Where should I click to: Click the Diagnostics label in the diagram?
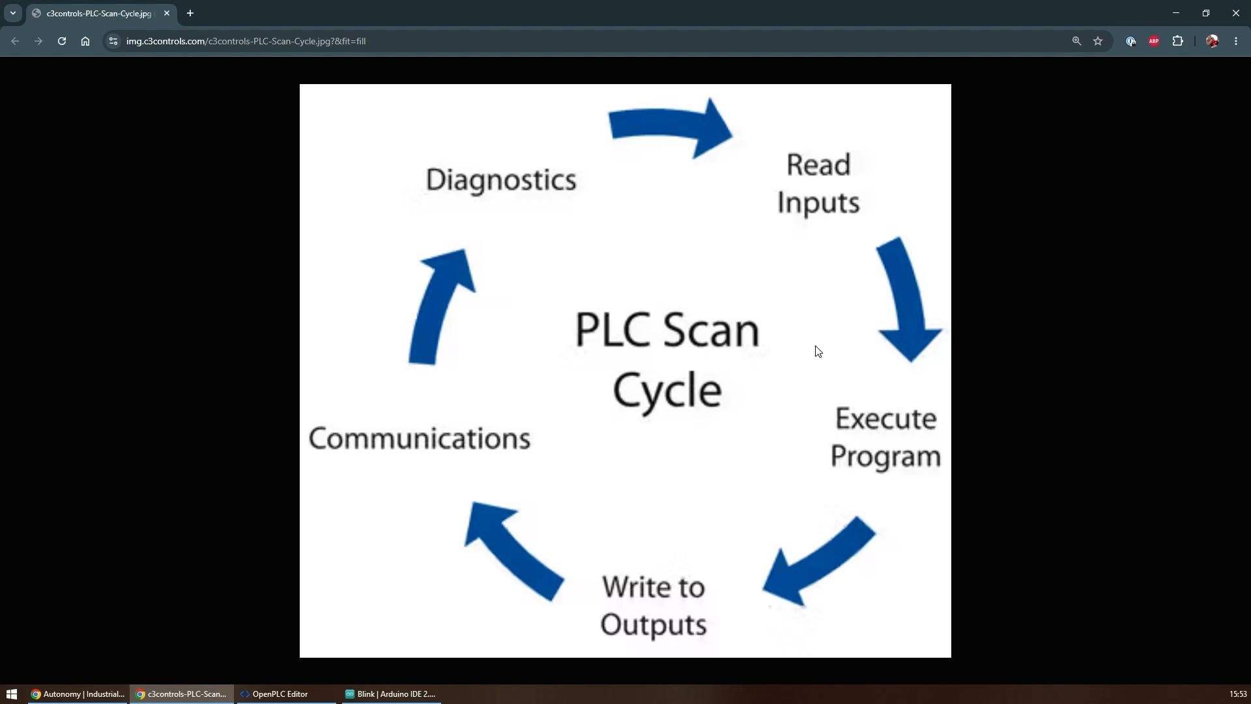(x=501, y=180)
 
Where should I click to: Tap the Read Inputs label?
(x=818, y=184)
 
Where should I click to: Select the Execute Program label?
(x=885, y=437)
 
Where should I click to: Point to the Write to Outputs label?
(x=654, y=606)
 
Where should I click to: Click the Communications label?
(x=420, y=438)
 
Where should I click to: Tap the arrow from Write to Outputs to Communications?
(x=513, y=550)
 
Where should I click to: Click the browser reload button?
(x=62, y=41)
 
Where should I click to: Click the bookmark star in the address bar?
(x=1098, y=41)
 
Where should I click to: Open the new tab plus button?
(x=190, y=13)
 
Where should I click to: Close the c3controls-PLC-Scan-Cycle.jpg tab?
(x=167, y=13)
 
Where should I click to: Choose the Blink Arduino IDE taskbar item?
(x=390, y=694)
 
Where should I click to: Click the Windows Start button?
(x=11, y=694)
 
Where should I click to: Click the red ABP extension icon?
(x=1154, y=41)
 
